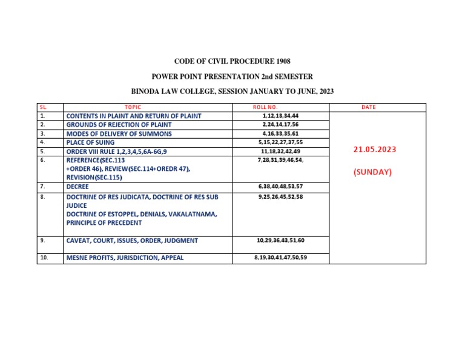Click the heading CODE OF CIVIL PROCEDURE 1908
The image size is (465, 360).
pos(232,61)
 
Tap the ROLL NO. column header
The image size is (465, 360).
pos(265,107)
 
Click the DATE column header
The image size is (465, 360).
pos(368,107)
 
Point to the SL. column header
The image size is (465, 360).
pos(42,107)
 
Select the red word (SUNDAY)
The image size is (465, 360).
pos(372,172)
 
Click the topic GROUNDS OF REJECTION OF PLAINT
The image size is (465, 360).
pos(123,124)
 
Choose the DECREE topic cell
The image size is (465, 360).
pos(77,187)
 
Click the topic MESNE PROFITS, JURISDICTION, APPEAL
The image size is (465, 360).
pos(125,258)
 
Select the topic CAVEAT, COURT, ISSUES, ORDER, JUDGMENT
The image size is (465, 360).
pos(132,241)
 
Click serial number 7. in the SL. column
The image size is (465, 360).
pos(42,187)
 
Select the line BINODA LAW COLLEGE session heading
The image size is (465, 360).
pos(232,92)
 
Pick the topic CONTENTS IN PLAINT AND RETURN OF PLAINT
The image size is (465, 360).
pos(134,116)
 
